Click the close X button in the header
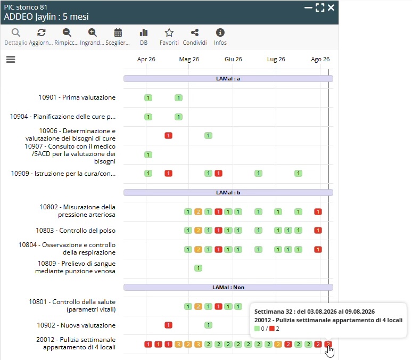point(331,7)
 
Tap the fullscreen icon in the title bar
point(320,7)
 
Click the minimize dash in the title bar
point(308,8)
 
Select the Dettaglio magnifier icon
point(16,32)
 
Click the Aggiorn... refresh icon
point(41,32)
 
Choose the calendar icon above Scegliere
point(118,32)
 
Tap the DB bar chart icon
point(144,32)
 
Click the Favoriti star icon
point(169,32)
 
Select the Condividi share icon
point(195,32)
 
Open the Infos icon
point(220,32)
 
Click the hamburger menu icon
point(11,60)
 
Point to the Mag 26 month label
point(189,59)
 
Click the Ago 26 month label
point(320,59)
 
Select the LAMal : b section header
point(228,192)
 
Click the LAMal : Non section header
point(228,288)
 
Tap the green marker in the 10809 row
point(198,268)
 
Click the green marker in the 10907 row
point(148,154)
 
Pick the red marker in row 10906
point(168,136)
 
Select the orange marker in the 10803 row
point(198,231)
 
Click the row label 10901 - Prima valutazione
point(77,97)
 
